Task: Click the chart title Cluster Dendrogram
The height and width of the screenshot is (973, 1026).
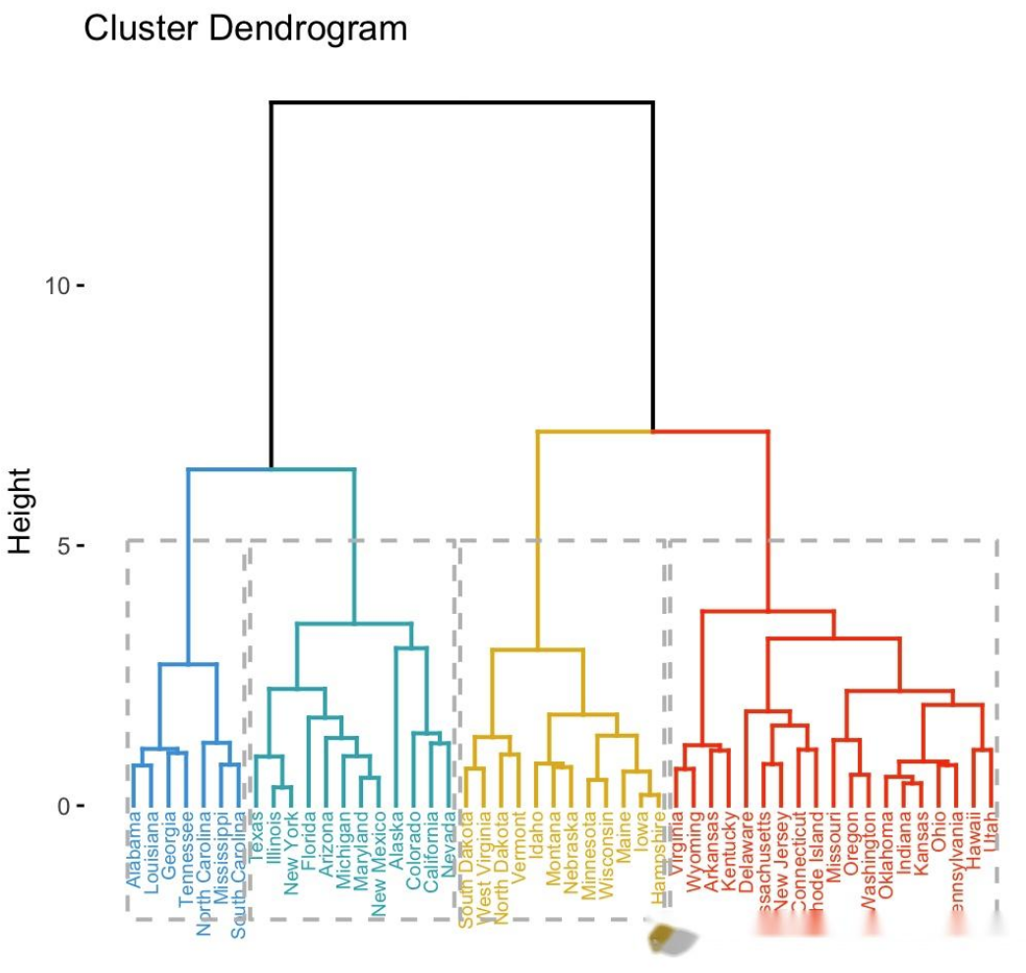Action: point(245,29)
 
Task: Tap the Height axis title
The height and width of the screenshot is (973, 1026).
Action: point(21,511)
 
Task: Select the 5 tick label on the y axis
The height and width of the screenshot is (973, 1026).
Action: point(63,545)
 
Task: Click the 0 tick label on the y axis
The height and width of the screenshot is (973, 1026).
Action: point(63,806)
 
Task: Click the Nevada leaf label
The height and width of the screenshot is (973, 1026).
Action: point(450,836)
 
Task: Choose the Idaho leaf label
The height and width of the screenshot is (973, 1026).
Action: point(536,831)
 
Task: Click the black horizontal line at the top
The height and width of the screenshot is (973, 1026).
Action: point(462,102)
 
